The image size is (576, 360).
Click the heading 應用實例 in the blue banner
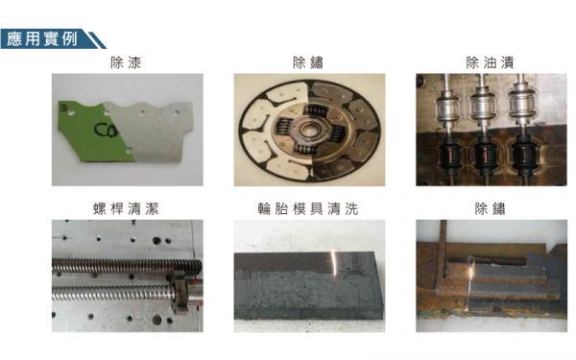[42, 38]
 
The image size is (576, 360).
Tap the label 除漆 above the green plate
[126, 62]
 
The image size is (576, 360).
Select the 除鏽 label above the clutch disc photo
[308, 62]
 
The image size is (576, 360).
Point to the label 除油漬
[490, 62]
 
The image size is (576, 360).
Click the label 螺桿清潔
[126, 208]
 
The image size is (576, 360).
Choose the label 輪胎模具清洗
[308, 208]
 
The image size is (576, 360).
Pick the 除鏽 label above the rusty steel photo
[490, 208]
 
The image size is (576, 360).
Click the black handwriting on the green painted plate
[107, 130]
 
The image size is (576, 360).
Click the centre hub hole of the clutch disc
[307, 130]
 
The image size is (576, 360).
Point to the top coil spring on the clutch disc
[315, 110]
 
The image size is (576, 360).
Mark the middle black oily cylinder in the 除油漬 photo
[485, 156]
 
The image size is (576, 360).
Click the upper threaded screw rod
[127, 267]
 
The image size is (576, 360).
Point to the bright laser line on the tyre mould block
[335, 263]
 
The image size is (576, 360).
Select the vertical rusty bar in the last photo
[443, 249]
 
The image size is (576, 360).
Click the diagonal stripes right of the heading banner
[95, 39]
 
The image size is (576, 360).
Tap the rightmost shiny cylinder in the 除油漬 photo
[521, 103]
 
